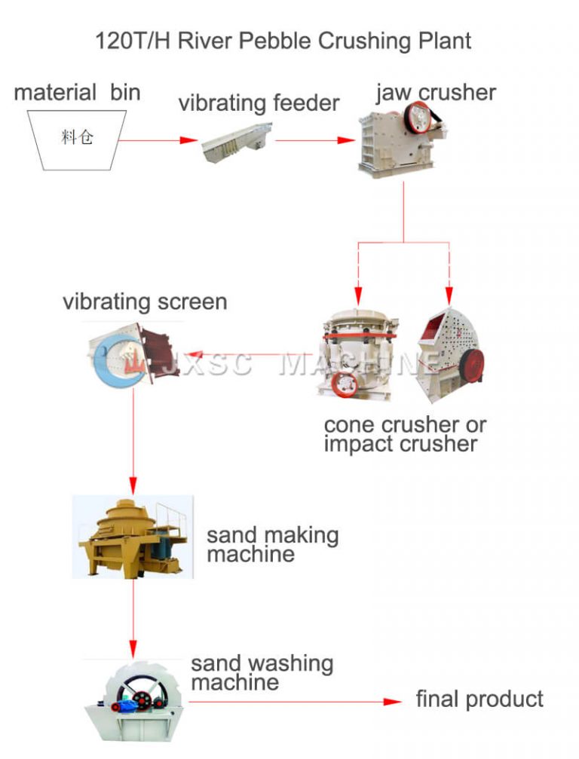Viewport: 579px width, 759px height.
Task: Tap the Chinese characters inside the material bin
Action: click(77, 138)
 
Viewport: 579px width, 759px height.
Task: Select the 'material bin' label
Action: click(77, 93)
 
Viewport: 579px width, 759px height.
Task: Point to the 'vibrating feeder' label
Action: click(259, 103)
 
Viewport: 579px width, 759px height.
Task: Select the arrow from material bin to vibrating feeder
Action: click(158, 140)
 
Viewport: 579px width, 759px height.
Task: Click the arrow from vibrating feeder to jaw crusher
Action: click(315, 140)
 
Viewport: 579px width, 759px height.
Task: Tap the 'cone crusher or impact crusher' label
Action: click(405, 434)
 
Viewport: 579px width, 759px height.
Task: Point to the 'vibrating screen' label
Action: click(145, 302)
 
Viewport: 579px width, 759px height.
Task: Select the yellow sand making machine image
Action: click(132, 536)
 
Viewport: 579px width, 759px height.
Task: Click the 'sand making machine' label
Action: click(272, 545)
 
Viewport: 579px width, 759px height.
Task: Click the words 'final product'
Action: click(479, 699)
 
